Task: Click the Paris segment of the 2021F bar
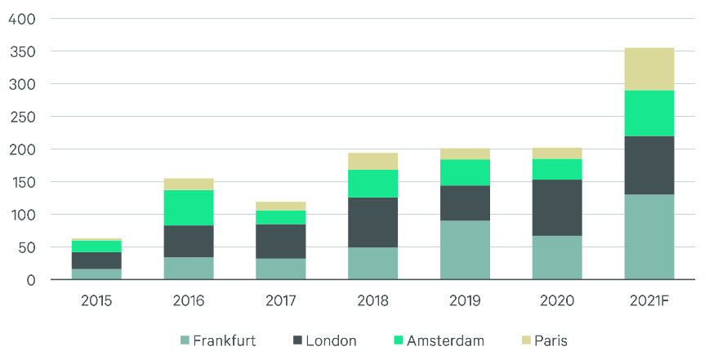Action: click(649, 69)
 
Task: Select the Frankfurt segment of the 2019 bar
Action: click(465, 250)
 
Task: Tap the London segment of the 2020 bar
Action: click(557, 207)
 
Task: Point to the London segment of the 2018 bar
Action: click(373, 222)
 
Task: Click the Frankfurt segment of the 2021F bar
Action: click(649, 237)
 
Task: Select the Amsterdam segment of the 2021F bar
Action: click(649, 113)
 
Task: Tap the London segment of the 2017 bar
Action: click(281, 241)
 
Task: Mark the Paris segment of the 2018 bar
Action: click(373, 161)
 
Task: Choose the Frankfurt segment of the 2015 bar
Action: click(96, 274)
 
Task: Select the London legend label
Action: click(331, 340)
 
